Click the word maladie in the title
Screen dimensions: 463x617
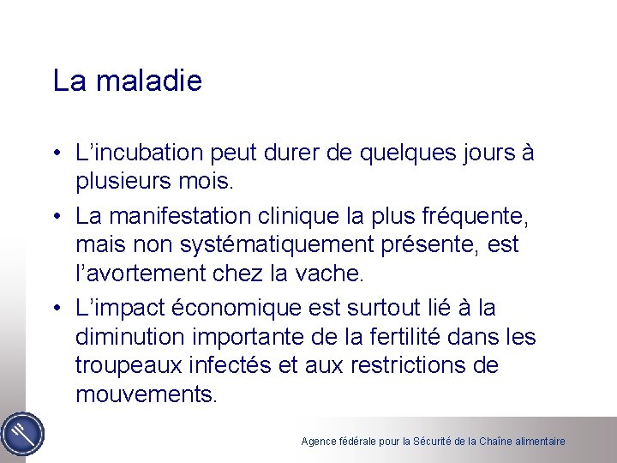(150, 81)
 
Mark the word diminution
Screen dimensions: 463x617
(127, 337)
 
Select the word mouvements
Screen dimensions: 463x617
(147, 394)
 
